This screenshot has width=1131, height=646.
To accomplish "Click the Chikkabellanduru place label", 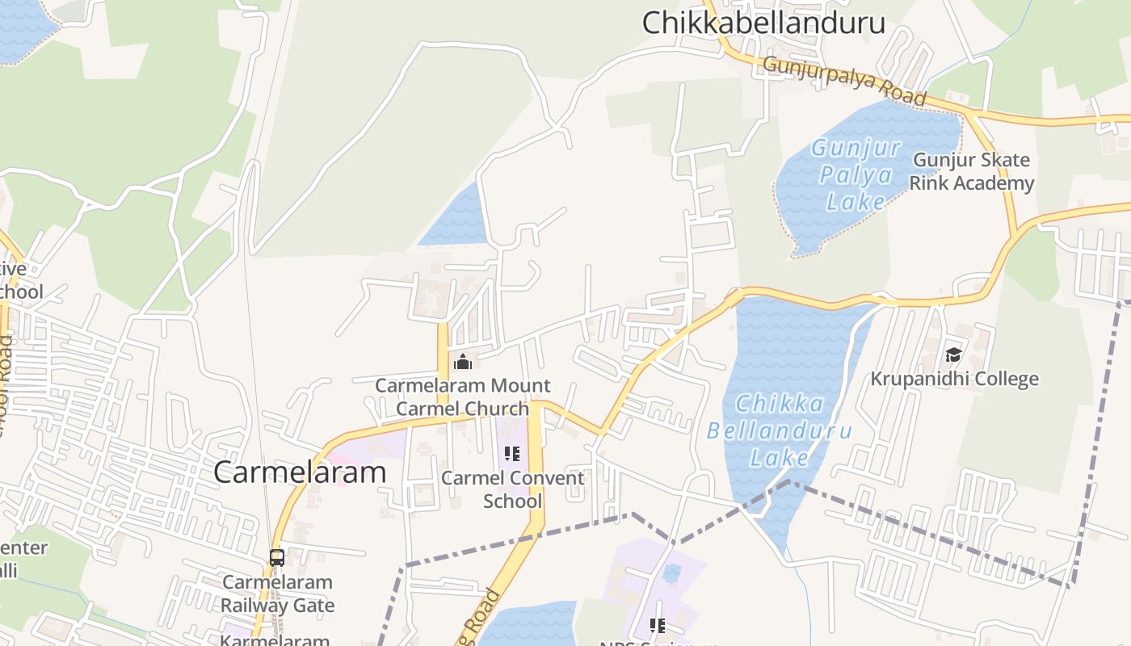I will click(x=763, y=23).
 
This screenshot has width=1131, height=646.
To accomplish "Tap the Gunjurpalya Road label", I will click(x=843, y=80).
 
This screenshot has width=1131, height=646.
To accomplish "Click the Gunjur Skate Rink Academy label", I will click(x=971, y=172).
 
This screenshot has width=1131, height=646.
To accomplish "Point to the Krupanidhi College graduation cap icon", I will click(x=953, y=355).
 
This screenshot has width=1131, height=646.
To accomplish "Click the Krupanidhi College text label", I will click(x=954, y=379).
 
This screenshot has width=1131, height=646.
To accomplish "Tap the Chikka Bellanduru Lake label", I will click(x=780, y=430).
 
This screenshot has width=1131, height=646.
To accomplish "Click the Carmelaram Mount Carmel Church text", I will click(x=463, y=396).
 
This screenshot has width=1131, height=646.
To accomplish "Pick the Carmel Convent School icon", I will click(x=511, y=454).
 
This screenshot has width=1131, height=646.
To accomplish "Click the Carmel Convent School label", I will click(x=513, y=489).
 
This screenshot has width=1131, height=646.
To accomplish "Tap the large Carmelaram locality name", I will click(x=300, y=472).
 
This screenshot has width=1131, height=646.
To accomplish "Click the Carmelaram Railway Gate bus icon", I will click(x=277, y=557).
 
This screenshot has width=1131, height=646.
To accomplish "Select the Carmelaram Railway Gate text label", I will click(x=278, y=594).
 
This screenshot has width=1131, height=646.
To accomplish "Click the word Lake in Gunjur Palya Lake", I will click(x=856, y=201).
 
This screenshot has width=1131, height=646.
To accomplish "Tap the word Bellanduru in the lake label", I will click(x=780, y=430).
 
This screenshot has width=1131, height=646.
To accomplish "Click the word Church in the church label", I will click(x=497, y=409).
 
